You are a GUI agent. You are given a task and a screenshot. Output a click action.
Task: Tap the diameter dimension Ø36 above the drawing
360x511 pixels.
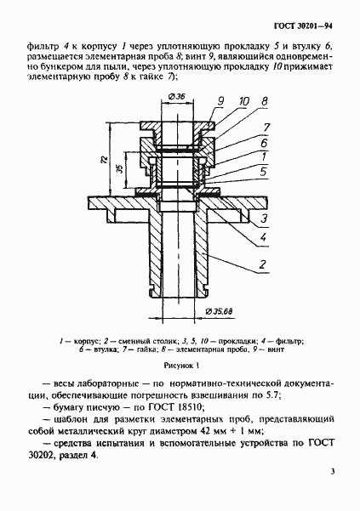[177, 95]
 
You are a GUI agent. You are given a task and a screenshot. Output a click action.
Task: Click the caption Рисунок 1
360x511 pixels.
[180, 366]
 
